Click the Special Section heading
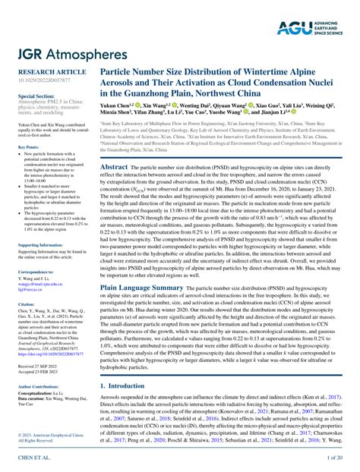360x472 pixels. tap(35, 97)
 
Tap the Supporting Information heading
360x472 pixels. tap(41, 246)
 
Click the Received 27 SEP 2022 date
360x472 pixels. tap(37, 365)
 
